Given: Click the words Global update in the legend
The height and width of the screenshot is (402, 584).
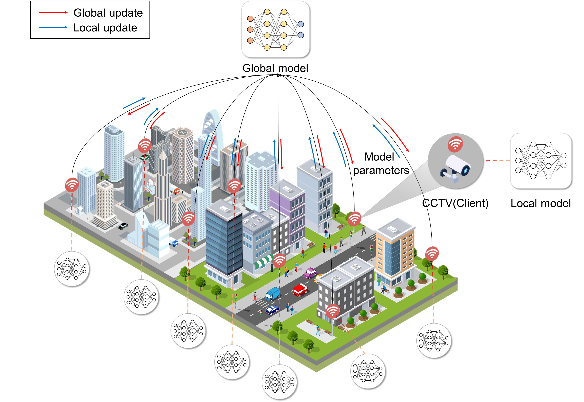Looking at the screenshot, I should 108,13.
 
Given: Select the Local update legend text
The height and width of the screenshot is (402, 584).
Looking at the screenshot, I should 105,28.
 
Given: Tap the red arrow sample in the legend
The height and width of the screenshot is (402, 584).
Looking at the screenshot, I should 53,12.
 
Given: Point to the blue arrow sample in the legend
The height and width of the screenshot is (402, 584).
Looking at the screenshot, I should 53,27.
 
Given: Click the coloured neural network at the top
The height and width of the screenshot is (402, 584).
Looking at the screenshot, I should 275,29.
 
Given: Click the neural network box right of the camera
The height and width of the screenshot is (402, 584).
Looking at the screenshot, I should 540,161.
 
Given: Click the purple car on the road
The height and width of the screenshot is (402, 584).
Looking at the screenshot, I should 310,273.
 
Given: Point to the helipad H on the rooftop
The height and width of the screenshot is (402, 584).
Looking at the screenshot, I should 182,132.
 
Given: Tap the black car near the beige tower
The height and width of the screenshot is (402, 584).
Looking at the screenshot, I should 123,226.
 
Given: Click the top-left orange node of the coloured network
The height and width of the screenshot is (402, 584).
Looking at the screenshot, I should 250,19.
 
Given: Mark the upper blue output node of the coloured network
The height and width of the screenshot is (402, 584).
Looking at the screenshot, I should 300,24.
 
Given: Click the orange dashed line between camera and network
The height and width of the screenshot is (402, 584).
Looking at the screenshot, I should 497,161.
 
